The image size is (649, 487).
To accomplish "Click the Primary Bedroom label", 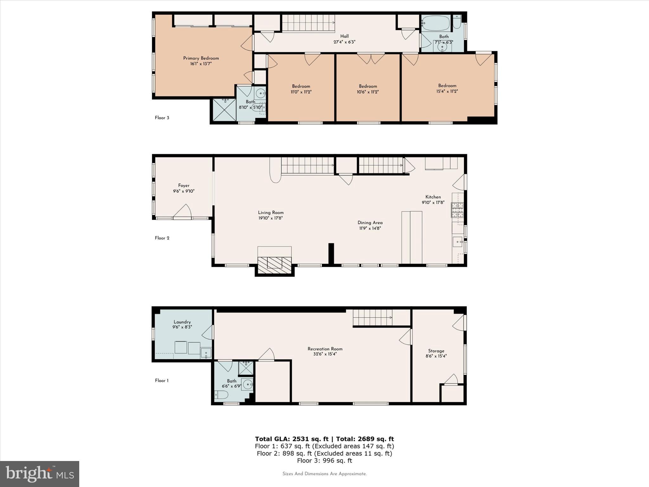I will pos(201,58).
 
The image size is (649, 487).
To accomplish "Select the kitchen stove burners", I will pos(457,210).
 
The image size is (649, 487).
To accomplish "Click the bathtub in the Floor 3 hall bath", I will pos(436,23).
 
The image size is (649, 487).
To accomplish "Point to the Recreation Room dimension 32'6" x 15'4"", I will pos(325,354).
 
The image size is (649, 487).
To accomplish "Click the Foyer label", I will pos(183,186).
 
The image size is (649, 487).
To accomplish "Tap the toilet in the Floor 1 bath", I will pos(222,395).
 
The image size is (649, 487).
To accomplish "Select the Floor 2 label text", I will pos(162,238).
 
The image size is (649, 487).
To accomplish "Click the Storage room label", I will pos(436,351).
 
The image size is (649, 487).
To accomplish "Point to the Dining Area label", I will pos(370,223).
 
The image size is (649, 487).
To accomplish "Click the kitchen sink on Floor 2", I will pos(458,242).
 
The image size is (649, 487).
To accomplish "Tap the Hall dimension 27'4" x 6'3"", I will pos(344,42).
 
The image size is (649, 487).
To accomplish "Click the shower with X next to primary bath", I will pos(224,110).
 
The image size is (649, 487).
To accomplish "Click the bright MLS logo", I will pos(40,474).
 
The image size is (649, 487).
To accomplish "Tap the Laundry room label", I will pos(182,322).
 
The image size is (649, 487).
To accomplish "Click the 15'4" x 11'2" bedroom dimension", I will pos(447,91).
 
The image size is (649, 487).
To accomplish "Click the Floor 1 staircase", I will pos(373,317).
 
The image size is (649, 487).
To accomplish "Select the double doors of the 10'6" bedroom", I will pos(371,58).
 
